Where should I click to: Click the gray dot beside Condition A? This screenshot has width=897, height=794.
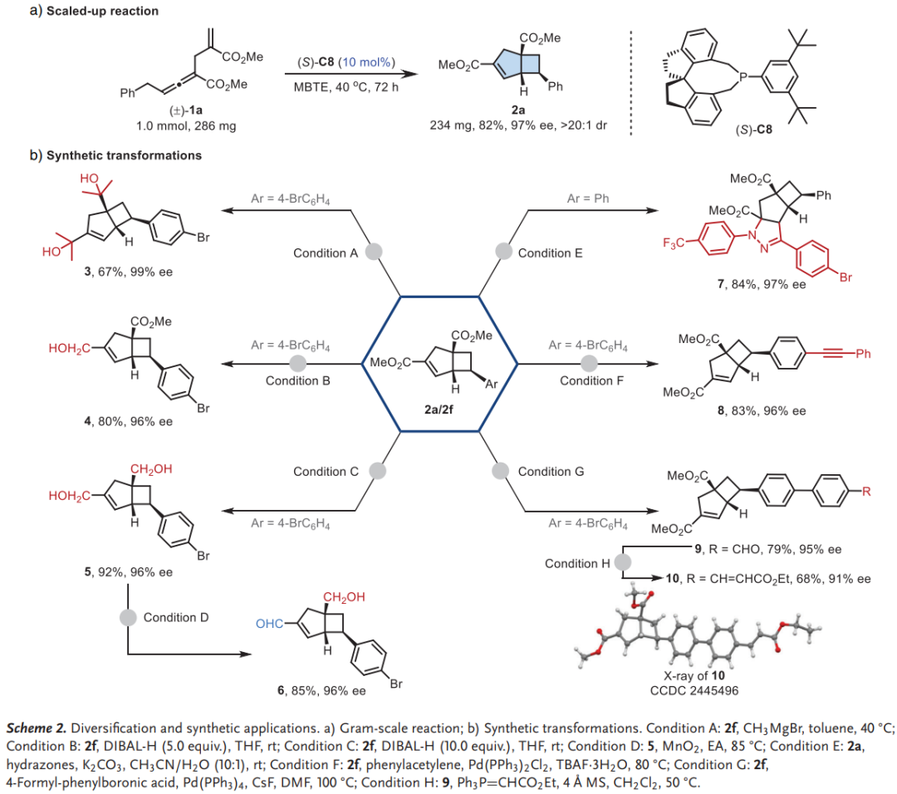pos(375,251)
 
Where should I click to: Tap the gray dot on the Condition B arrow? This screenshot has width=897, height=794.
pos(298,364)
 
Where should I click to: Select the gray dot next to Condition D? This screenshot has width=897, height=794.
pos(128,617)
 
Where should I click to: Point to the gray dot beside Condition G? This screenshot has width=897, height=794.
pos(500,470)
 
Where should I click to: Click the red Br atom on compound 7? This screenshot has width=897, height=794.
pos(845,277)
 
